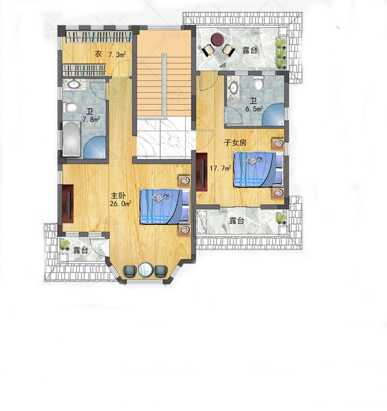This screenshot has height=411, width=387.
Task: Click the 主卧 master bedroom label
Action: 118,195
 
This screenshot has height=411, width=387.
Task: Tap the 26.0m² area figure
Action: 120,203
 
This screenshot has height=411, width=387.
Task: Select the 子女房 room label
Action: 235,143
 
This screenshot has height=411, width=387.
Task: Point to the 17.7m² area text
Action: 220,168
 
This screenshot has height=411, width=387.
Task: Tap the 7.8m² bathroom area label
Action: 91,120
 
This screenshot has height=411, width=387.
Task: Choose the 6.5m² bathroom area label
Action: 254,109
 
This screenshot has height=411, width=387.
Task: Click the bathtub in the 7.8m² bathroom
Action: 71,139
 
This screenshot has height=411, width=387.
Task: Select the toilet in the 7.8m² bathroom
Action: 70,107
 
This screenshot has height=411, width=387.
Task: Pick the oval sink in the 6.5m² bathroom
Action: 233,88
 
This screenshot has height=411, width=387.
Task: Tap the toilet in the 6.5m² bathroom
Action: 259,83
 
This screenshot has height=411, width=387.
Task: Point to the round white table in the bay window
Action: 146,270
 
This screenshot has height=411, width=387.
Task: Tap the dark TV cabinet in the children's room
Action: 202,172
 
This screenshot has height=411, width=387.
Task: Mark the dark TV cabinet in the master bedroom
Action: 68,204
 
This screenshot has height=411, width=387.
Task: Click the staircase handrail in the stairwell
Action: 164,85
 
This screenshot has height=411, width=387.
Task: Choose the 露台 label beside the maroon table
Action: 250,50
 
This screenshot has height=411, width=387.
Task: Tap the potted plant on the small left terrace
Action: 63,244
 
